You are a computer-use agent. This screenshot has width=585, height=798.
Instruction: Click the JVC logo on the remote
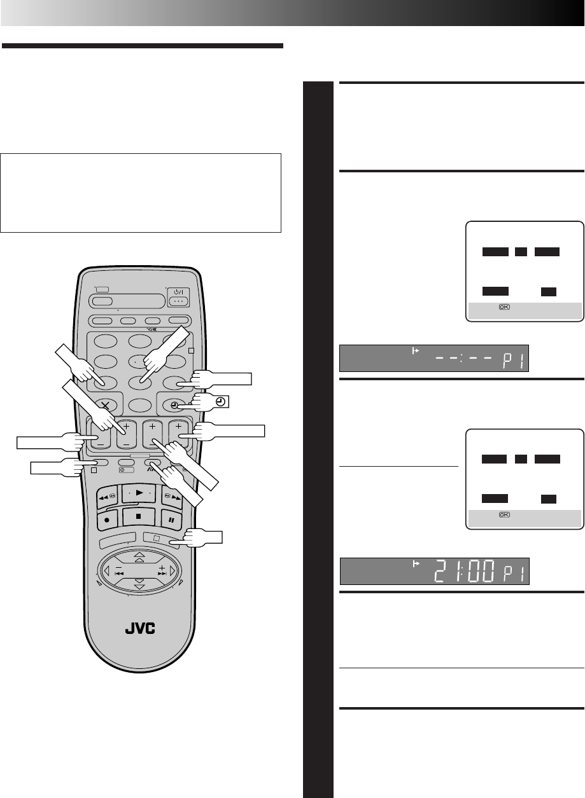(140, 628)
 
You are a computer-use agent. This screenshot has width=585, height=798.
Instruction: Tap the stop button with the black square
(139, 516)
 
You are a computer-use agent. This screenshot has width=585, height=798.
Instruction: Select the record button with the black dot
(107, 519)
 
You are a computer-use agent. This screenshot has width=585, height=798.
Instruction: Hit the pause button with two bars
(171, 519)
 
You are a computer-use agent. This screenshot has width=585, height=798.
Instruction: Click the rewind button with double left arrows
(107, 497)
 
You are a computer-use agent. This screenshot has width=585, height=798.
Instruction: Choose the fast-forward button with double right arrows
(173, 497)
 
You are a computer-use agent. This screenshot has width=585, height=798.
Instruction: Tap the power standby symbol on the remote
(178, 292)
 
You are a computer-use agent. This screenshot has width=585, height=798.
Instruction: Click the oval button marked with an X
(106, 405)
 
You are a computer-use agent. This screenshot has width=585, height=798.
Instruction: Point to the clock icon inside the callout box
(221, 401)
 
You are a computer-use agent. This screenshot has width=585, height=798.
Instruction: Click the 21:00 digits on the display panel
(465, 571)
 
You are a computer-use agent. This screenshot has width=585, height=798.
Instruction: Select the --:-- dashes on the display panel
(463, 358)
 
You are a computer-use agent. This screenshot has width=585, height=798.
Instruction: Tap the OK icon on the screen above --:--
(504, 306)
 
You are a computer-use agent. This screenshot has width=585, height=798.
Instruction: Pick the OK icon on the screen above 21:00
(504, 514)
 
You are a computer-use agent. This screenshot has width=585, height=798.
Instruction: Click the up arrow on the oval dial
(139, 555)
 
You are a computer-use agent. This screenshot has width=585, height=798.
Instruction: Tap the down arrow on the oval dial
(139, 586)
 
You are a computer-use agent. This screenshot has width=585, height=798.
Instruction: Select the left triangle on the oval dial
(106, 571)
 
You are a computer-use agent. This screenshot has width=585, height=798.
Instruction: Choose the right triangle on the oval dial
(173, 571)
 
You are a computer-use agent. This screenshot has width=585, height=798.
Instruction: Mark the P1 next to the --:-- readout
(513, 362)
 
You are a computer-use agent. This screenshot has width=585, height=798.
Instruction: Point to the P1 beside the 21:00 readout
(514, 574)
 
